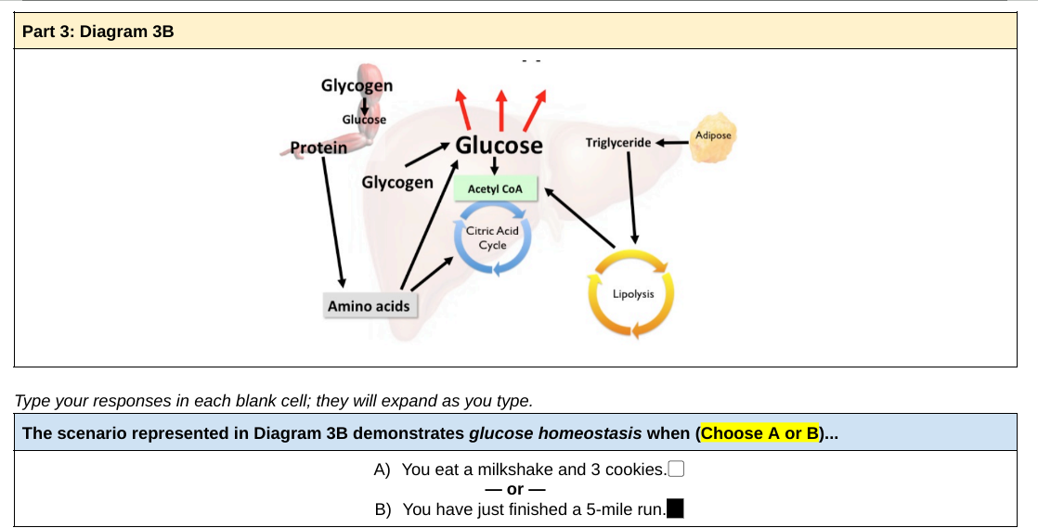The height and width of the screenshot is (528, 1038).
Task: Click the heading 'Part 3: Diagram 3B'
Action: pyautogui.click(x=97, y=32)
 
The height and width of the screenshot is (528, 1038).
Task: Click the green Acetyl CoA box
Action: pyautogui.click(x=495, y=189)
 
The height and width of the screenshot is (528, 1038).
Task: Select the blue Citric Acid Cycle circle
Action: pyautogui.click(x=492, y=238)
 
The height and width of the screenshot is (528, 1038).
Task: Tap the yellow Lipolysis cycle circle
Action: pyautogui.click(x=632, y=294)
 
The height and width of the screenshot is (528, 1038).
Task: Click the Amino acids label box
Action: pyautogui.click(x=369, y=305)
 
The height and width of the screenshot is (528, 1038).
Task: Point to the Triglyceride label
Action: pyautogui.click(x=618, y=143)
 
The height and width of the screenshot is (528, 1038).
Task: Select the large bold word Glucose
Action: pyautogui.click(x=499, y=146)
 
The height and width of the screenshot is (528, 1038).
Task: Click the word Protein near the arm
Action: pyautogui.click(x=318, y=148)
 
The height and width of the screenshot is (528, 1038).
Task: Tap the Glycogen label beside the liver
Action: pyautogui.click(x=397, y=182)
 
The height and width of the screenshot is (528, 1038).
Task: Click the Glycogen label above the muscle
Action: pyautogui.click(x=357, y=85)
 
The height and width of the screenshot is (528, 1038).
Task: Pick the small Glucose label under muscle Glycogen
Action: pyautogui.click(x=364, y=119)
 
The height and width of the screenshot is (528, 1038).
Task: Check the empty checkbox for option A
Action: pyautogui.click(x=676, y=469)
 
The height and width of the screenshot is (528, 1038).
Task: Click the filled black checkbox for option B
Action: pyautogui.click(x=676, y=509)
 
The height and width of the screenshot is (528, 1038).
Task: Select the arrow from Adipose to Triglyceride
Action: pyautogui.click(x=671, y=143)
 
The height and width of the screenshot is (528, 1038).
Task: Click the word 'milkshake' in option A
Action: pyautogui.click(x=508, y=470)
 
